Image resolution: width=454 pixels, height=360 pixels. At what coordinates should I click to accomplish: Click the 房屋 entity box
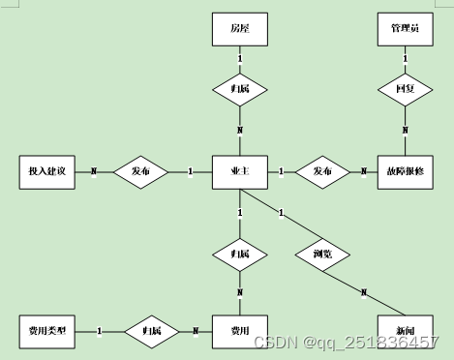(x=239, y=31)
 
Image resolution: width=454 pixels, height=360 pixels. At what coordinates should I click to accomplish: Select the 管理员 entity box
(x=404, y=31)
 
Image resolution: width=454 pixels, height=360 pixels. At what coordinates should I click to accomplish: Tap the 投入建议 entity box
(x=46, y=171)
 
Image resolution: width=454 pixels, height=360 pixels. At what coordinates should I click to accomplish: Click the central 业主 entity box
(x=239, y=171)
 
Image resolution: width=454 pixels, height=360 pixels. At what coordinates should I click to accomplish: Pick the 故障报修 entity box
(x=404, y=171)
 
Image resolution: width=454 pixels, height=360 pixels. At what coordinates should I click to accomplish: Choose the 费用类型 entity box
(x=46, y=331)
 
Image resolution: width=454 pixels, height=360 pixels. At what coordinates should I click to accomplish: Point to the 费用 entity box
(x=239, y=331)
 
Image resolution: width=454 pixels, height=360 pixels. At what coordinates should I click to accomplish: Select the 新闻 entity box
(x=404, y=331)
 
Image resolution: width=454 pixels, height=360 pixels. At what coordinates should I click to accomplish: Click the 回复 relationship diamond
(x=404, y=88)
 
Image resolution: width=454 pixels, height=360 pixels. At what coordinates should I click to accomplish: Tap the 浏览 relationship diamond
(x=322, y=255)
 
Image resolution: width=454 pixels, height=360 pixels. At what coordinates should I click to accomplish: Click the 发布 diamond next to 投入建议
(x=141, y=171)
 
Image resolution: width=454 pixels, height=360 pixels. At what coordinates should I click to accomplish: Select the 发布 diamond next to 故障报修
(x=322, y=171)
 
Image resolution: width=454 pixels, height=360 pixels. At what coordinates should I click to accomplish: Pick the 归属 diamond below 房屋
(x=239, y=88)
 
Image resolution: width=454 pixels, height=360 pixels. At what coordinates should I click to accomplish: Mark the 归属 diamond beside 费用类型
(x=150, y=331)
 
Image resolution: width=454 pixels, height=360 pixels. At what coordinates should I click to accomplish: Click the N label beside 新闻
(x=364, y=292)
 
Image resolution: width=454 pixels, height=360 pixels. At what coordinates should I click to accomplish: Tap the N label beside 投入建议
(x=94, y=171)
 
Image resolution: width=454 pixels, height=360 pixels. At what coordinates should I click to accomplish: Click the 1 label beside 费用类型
(x=100, y=331)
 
